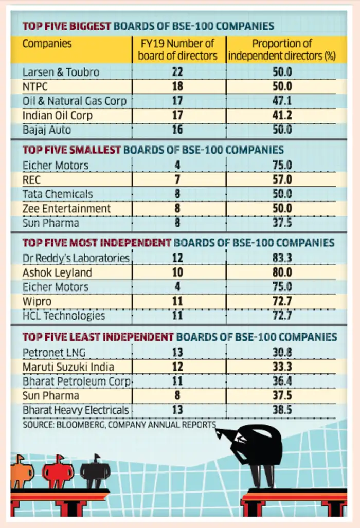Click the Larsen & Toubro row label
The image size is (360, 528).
(x=61, y=72)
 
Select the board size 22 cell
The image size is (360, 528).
(x=177, y=72)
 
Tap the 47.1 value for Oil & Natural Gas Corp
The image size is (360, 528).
(x=282, y=101)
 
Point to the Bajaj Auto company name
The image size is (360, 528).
(x=47, y=130)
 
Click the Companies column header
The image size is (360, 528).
(x=47, y=44)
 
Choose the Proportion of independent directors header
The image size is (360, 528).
(x=282, y=49)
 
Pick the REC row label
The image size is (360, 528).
(x=31, y=179)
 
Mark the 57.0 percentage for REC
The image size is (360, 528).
(x=282, y=179)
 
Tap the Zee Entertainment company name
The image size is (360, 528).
(x=66, y=208)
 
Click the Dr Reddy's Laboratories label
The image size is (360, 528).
(x=76, y=258)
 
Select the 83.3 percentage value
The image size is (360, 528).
(x=282, y=258)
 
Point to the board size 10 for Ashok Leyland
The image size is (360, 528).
(x=177, y=272)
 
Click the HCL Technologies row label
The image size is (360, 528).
(x=64, y=316)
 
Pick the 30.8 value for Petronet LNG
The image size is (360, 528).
(x=282, y=352)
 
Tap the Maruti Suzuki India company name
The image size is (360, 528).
(x=68, y=367)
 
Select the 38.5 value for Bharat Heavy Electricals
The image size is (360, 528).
(x=282, y=410)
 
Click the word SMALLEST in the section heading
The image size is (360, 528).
(x=95, y=150)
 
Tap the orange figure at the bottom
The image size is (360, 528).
(x=22, y=472)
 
